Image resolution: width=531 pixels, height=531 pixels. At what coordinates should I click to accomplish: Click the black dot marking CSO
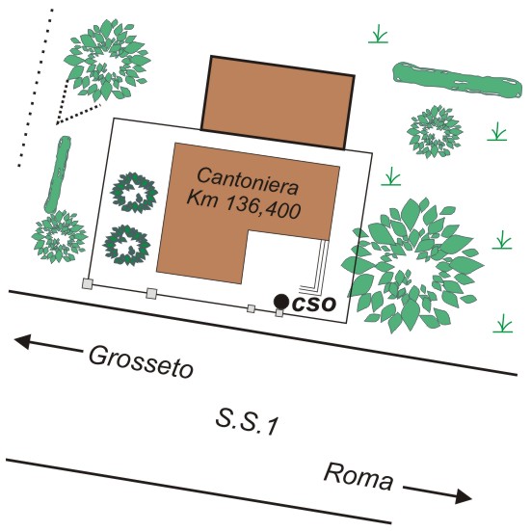coord(281,302)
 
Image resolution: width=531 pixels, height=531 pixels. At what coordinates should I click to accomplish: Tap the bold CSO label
coord(314,305)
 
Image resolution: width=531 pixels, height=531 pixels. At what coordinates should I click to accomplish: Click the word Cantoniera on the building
coord(248,181)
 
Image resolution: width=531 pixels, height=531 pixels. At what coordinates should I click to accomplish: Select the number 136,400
coord(263,207)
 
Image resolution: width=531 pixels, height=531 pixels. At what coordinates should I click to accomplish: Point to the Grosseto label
coord(142,361)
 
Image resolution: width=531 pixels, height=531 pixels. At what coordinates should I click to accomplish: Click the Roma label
coord(358,477)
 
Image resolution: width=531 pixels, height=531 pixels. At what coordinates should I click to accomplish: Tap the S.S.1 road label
coord(248,422)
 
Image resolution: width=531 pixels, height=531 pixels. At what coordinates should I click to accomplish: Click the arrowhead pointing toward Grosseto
coord(22,341)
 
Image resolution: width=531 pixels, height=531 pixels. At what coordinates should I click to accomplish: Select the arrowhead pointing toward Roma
coord(464,496)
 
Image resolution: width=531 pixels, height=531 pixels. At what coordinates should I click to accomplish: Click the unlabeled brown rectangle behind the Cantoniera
coord(278,102)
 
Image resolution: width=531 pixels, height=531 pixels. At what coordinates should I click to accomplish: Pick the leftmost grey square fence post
coord(88,283)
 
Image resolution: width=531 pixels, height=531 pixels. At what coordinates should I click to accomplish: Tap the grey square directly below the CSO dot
coord(279,313)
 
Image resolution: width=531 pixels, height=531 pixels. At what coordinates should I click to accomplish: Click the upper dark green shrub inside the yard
coord(134,193)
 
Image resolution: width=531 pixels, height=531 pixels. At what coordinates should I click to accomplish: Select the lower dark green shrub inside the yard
coord(126,245)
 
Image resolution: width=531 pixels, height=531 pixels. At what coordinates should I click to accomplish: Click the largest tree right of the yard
coord(412,266)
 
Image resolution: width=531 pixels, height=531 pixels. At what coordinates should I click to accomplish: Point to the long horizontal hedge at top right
coord(457,80)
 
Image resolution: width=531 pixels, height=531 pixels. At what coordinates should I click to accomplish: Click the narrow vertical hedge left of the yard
coord(58,174)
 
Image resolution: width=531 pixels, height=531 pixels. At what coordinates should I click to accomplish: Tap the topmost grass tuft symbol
coord(379,34)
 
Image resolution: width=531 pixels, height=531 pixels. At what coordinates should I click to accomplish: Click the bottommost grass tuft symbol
coord(503,324)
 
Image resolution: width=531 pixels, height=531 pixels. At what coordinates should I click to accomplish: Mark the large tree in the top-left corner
coord(107,61)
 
